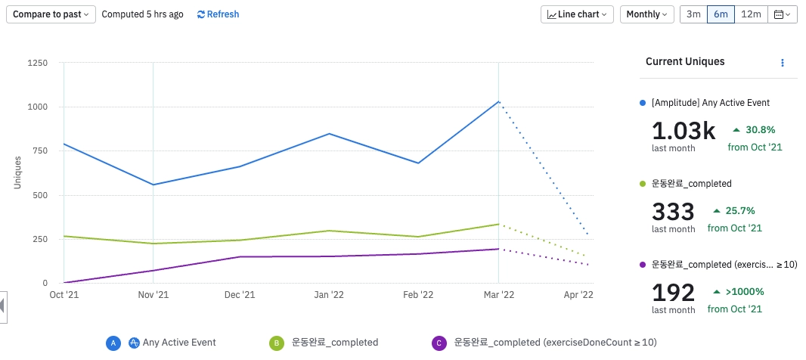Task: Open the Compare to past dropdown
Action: pos(51,14)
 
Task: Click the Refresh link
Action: pos(218,14)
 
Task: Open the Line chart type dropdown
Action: pos(577,14)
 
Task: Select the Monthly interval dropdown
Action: pos(646,14)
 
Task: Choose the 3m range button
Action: pos(693,14)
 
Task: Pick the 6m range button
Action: pos(721,14)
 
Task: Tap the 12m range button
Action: pos(751,14)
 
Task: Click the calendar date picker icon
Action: pos(783,14)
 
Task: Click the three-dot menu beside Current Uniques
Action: pos(783,62)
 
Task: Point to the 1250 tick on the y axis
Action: pos(37,63)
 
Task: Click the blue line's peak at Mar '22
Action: pos(499,101)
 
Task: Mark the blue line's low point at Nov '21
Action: pos(153,185)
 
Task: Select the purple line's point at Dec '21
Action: pos(240,257)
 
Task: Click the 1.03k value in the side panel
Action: pos(683,131)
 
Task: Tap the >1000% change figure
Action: pos(744,291)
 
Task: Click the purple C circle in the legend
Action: pos(438,343)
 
